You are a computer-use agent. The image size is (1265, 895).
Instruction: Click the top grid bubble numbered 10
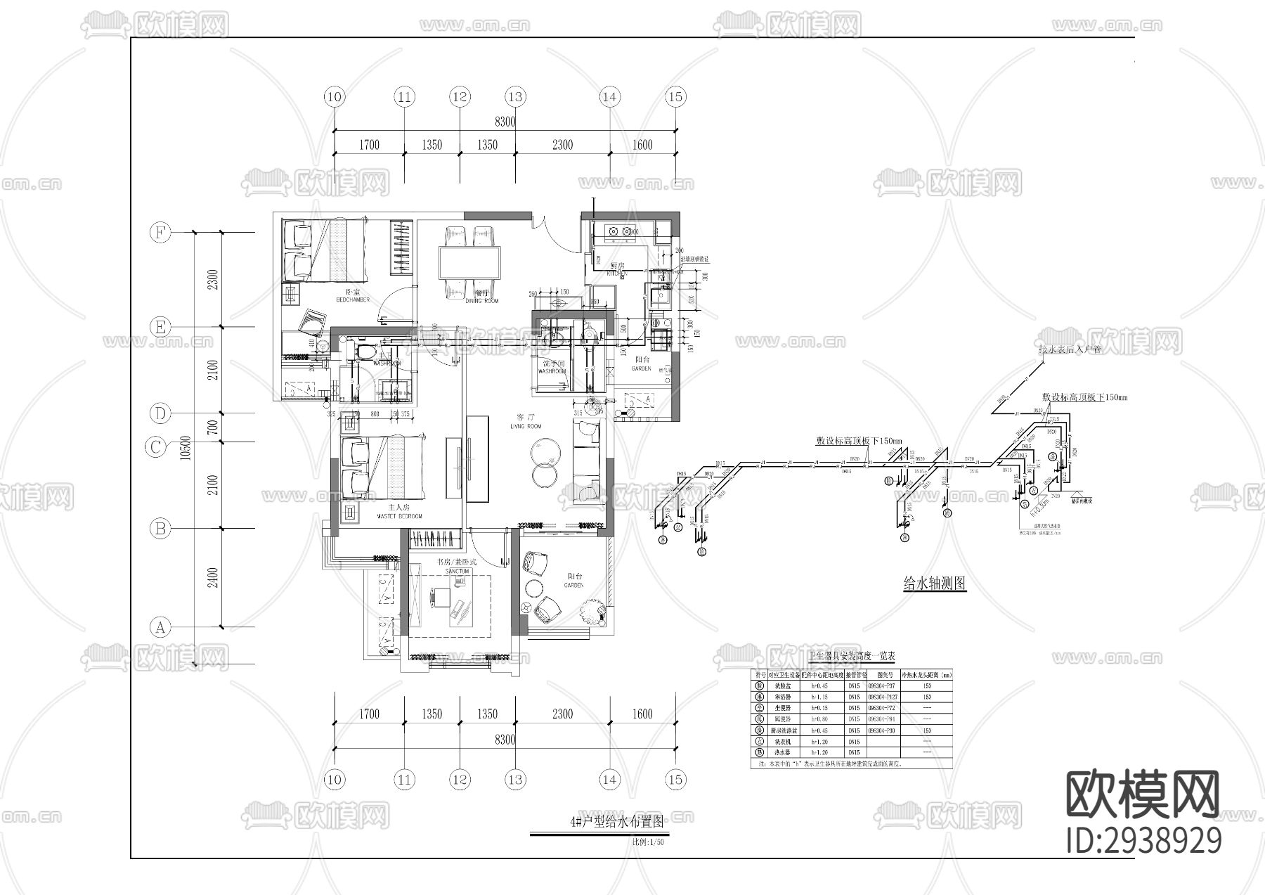[335, 97]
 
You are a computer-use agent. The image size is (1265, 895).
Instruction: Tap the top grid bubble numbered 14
[609, 97]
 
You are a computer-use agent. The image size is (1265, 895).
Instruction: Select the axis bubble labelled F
[160, 233]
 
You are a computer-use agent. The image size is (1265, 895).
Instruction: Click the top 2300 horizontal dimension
[562, 145]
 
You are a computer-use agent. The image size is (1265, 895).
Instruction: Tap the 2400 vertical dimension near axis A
[213, 577]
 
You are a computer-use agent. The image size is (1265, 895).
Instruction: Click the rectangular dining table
[470, 263]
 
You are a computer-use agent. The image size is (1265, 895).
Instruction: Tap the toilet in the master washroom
[365, 349]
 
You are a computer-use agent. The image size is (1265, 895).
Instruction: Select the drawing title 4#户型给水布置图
[617, 821]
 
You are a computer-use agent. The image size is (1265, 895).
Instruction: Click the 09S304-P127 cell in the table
[881, 697]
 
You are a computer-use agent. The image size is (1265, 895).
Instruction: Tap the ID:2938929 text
[1143, 839]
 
